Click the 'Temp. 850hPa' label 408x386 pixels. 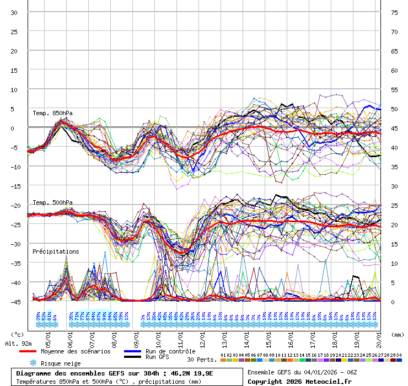click(52, 113)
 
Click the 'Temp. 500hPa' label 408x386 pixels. click(52, 202)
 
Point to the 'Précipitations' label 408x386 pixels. click(55, 251)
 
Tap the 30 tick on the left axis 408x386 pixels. click(14, 12)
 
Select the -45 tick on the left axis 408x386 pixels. click(14, 302)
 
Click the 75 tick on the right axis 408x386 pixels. click(394, 12)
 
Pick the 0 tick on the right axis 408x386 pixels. click(393, 302)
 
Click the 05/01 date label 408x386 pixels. click(49, 337)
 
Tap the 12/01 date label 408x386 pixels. click(204, 337)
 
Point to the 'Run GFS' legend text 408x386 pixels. click(157, 357)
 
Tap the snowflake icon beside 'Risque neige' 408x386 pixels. click(33, 363)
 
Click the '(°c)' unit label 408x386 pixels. click(17, 334)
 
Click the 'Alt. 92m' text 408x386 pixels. click(19, 344)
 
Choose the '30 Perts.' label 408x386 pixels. click(201, 360)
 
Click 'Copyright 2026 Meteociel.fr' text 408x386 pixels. click(299, 381)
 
